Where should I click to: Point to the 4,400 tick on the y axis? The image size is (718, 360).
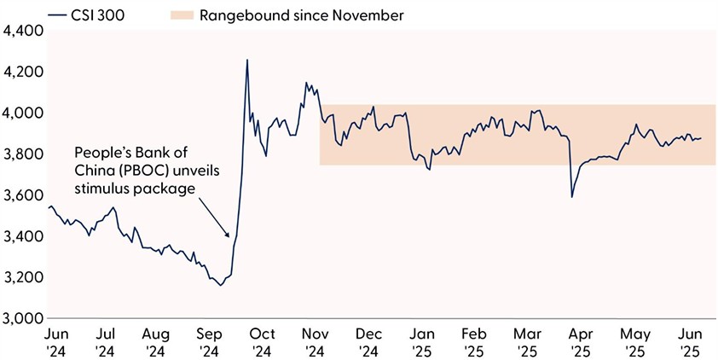pyautogui.click(x=23, y=31)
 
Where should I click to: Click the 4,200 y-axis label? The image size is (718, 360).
pyautogui.click(x=23, y=72)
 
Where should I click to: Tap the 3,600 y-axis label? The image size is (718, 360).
pyautogui.click(x=23, y=195)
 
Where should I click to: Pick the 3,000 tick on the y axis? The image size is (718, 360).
pyautogui.click(x=23, y=318)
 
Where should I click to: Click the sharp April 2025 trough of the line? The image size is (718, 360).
pyautogui.click(x=571, y=197)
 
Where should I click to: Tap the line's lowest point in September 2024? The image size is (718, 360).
pyautogui.click(x=221, y=285)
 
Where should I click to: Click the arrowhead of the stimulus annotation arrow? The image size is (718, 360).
pyautogui.click(x=227, y=235)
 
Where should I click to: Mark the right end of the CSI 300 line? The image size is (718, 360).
pyautogui.click(x=701, y=138)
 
